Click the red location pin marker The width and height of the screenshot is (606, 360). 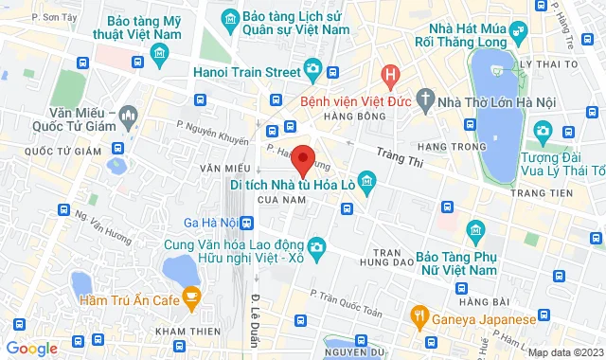(x=302, y=159)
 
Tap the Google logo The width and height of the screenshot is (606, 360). (x=31, y=349)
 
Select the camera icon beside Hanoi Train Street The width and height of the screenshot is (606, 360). (x=312, y=69)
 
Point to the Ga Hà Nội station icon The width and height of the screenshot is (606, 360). (x=247, y=223)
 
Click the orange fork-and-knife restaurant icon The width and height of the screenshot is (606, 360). (x=417, y=314)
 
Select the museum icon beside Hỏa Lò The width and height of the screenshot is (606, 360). (x=368, y=180)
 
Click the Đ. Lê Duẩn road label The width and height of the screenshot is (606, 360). (x=256, y=314)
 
